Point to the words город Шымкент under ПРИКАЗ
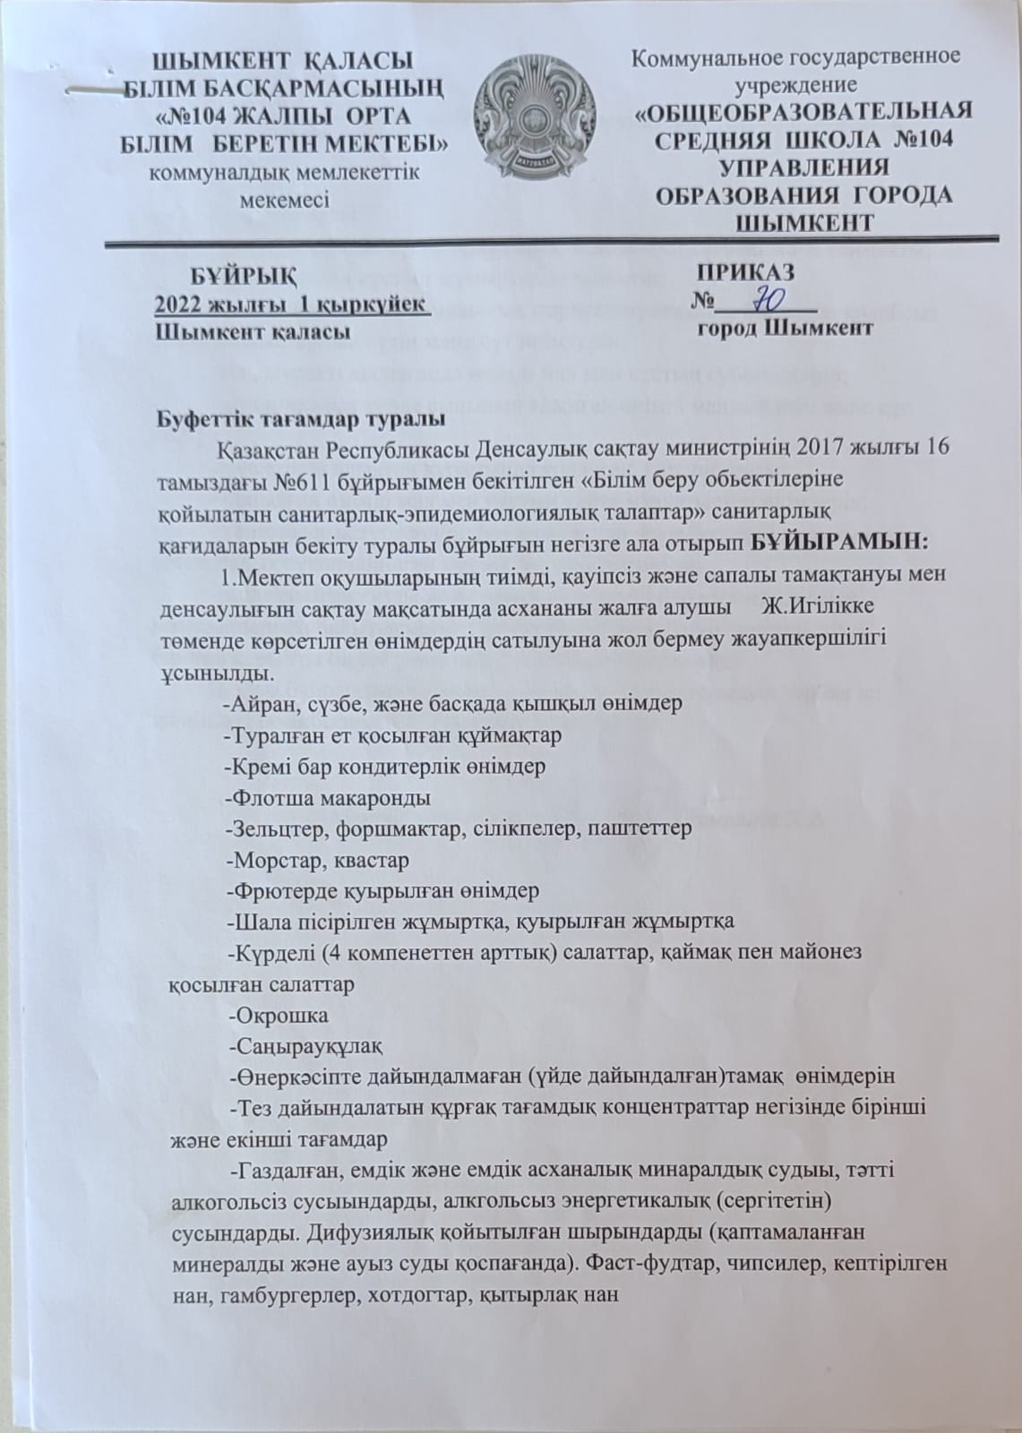click(x=785, y=328)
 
